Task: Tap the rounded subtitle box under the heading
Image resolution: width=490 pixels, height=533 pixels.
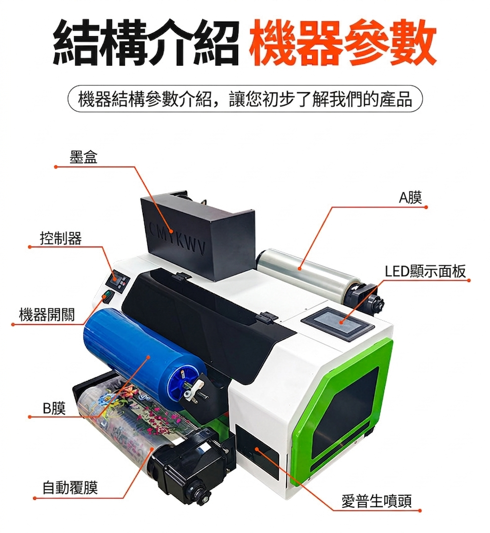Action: (245, 99)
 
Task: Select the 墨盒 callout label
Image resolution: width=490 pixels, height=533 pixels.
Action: (83, 157)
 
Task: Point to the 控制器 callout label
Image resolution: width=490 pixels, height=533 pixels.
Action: (61, 238)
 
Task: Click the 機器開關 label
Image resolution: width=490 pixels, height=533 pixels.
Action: (47, 315)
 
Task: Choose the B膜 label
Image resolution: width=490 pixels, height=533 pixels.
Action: (54, 408)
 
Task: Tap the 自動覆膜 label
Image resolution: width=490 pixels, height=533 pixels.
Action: (70, 488)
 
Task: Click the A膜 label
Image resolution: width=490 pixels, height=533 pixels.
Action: (410, 197)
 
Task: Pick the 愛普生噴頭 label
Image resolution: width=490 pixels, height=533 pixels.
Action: (376, 501)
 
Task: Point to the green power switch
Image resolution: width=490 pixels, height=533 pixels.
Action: (108, 296)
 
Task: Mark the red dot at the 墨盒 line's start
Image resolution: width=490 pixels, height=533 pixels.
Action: (55, 166)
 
